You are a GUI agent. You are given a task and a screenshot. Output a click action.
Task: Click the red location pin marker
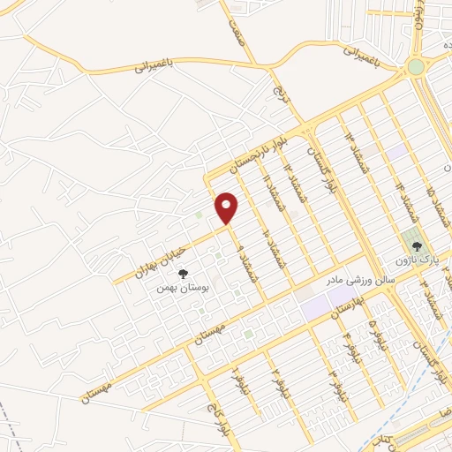coord(228,207)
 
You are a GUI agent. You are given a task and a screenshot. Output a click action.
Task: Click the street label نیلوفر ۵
coord(378,336)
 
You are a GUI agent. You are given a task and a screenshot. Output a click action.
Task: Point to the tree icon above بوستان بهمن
coord(184,274)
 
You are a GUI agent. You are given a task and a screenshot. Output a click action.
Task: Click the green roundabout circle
coord(415,66)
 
